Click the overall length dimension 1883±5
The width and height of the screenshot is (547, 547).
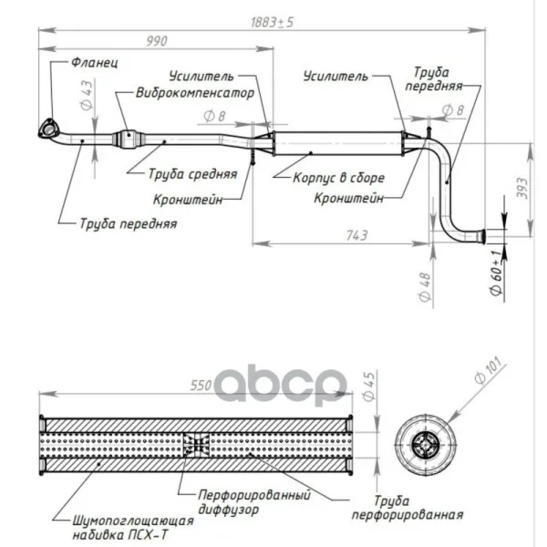pos(272,22)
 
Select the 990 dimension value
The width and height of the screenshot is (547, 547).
pos(157,41)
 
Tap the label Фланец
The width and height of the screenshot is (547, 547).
pos(95,63)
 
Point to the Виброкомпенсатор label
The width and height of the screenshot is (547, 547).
pos(195,93)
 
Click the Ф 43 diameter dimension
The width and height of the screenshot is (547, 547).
pos(87,95)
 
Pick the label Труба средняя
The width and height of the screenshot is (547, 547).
pos(193,174)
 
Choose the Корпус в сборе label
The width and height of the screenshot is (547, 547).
pos(339,178)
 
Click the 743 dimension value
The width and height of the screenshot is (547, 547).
pos(356,236)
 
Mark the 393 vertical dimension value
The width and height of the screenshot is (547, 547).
pos(522,189)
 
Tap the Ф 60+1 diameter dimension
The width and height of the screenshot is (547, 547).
pos(496,272)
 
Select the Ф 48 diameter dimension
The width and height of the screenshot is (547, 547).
pos(425,287)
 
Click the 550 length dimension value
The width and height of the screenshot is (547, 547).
pos(201,386)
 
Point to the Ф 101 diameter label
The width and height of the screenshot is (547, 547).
pos(490,371)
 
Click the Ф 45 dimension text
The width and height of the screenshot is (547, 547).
pos(368,387)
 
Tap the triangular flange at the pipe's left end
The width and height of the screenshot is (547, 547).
pos(47,128)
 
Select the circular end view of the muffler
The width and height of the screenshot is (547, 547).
pos(427,445)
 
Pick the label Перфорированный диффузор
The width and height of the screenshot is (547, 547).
pos(254,502)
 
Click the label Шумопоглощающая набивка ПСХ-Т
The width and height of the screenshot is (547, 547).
pos(133,528)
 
